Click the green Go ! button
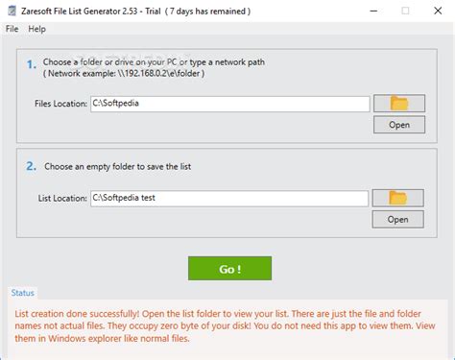pyautogui.click(x=229, y=268)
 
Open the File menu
pyautogui.click(x=12, y=29)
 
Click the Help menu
pyautogui.click(x=36, y=29)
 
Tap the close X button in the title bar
pyautogui.click(x=438, y=11)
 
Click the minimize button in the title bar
pyautogui.click(x=373, y=11)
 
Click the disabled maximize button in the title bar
pyautogui.click(x=405, y=11)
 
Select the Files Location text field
pyautogui.click(x=229, y=104)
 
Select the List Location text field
pyautogui.click(x=229, y=199)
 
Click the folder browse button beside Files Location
pyautogui.click(x=399, y=103)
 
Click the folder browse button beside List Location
pyautogui.click(x=397, y=198)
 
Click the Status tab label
pyautogui.click(x=22, y=293)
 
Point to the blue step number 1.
pyautogui.click(x=31, y=64)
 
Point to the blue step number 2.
pyautogui.click(x=31, y=166)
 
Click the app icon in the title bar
pyautogui.click(x=12, y=11)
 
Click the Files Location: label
pyautogui.click(x=60, y=104)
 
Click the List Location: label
pyautogui.click(x=62, y=199)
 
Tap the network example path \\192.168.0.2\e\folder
pyautogui.click(x=159, y=73)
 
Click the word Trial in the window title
pyautogui.click(x=153, y=12)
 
